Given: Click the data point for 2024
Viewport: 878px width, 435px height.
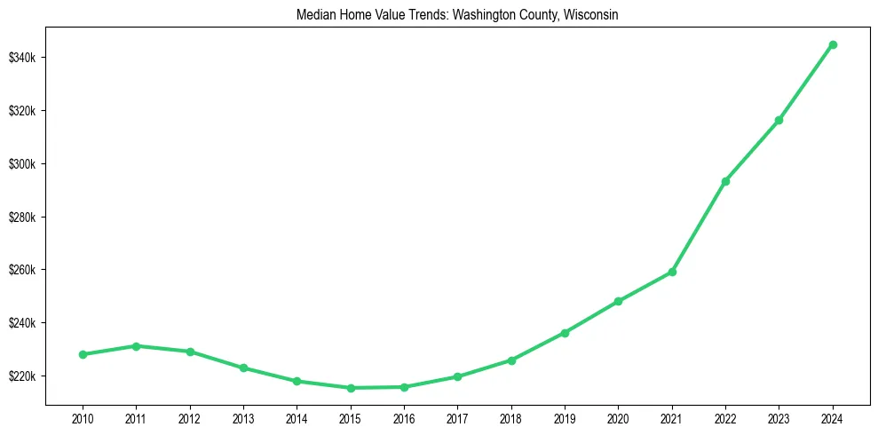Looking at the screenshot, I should click(833, 44).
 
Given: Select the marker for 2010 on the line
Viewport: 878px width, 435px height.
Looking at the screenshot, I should click(83, 354).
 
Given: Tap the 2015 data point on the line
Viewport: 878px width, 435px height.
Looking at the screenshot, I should click(351, 388).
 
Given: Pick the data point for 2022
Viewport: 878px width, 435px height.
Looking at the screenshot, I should click(725, 181).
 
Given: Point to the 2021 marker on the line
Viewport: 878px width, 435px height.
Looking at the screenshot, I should click(672, 272).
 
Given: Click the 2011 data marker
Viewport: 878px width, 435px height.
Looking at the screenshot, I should click(136, 346).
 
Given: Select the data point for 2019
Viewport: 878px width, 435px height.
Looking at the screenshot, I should click(565, 333).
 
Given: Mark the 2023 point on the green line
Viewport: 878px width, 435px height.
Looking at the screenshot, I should click(779, 120).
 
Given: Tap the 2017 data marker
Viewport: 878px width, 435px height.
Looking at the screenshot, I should click(457, 376).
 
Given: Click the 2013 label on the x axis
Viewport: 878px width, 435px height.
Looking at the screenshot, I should click(243, 417).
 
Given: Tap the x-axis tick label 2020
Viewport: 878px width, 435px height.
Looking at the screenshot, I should click(618, 417).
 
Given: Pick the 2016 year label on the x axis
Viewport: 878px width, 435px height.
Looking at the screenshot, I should click(404, 417).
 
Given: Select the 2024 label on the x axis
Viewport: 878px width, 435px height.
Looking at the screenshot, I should click(833, 417).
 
